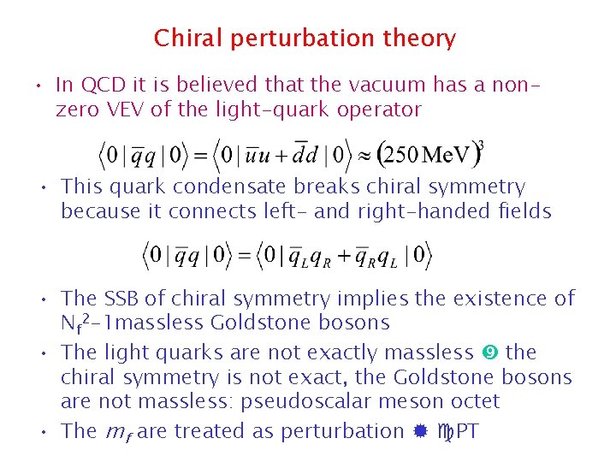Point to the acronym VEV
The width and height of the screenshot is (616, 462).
pos(118,110)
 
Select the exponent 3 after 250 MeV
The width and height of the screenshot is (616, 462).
pos(481,145)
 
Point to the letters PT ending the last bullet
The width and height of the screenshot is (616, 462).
pos(467,431)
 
